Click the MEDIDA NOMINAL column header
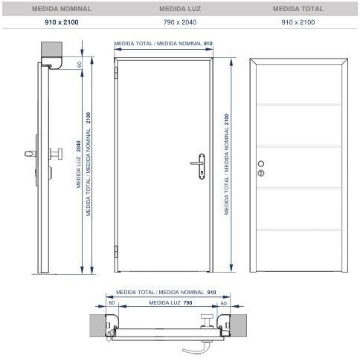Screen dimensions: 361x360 [61, 10]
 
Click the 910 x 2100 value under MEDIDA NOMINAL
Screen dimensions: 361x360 [61, 23]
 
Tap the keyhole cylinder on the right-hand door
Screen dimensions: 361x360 [260, 173]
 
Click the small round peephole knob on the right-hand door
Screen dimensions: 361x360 [260, 163]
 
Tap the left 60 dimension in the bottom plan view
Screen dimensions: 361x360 [112, 303]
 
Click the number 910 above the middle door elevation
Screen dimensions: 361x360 [208, 44]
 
